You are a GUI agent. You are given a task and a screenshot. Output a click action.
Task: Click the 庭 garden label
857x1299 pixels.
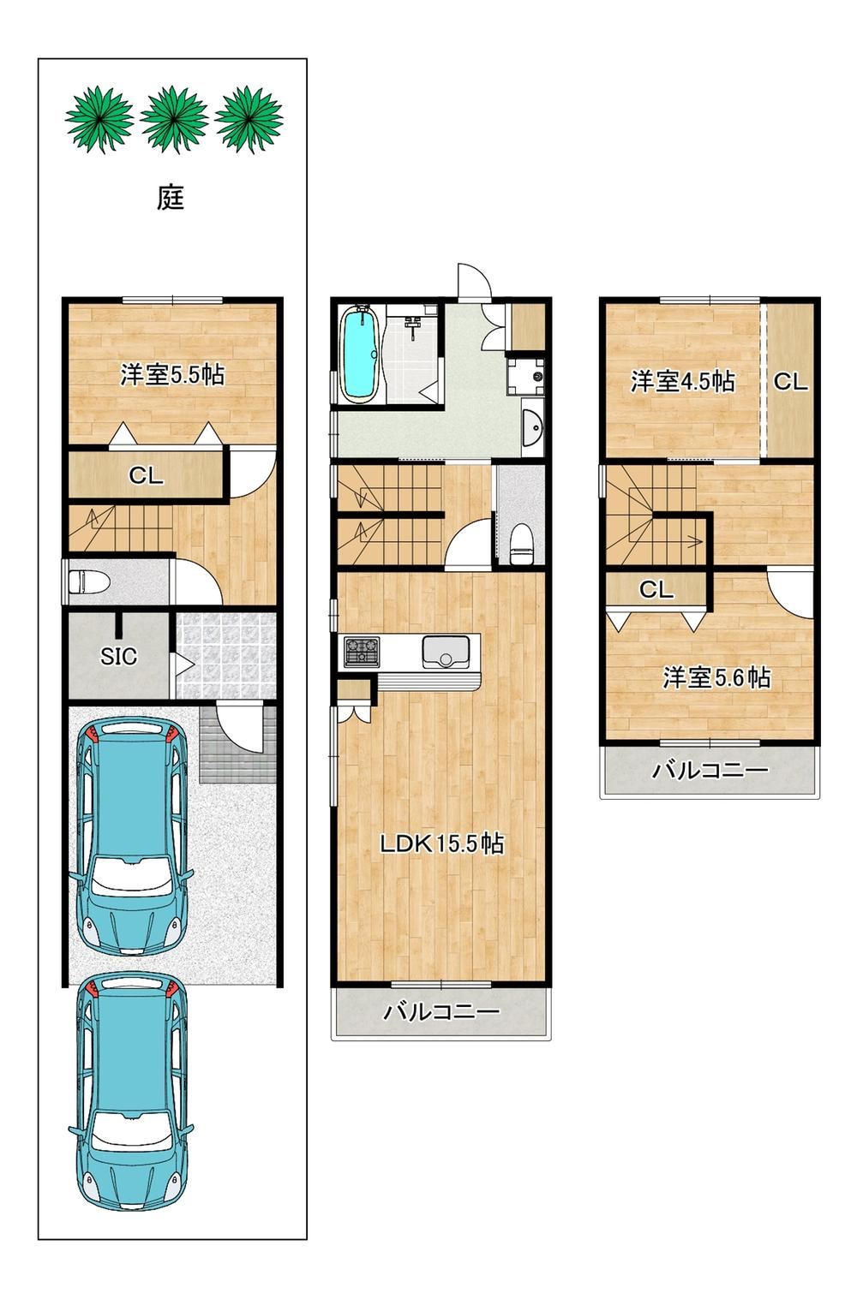point(171,198)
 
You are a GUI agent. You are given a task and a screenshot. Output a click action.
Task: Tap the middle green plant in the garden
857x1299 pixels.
point(174,119)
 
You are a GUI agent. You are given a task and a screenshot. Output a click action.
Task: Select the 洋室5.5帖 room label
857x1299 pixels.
point(172,374)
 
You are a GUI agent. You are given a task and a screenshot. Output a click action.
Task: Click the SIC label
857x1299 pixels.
point(118,657)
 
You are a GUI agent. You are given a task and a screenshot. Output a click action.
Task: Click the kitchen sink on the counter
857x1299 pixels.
point(446,652)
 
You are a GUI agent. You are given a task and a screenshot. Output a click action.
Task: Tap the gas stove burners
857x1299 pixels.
point(362,652)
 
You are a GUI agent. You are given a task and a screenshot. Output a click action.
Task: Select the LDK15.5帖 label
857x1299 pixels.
point(441,843)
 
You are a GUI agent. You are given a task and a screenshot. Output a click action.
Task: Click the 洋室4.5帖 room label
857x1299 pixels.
point(682,382)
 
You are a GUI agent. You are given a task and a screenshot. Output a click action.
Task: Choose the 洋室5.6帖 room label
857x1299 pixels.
point(716,677)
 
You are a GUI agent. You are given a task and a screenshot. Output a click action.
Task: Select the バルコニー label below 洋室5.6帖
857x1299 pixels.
point(710,770)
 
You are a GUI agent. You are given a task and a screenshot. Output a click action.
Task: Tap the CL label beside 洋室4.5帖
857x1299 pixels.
point(790,382)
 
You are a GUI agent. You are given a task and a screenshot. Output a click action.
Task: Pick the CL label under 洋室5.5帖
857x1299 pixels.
point(146,476)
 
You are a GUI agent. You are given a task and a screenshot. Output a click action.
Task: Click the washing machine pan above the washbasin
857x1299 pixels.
point(525,376)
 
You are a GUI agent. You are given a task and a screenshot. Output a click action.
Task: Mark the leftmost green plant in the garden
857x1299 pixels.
point(99,119)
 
